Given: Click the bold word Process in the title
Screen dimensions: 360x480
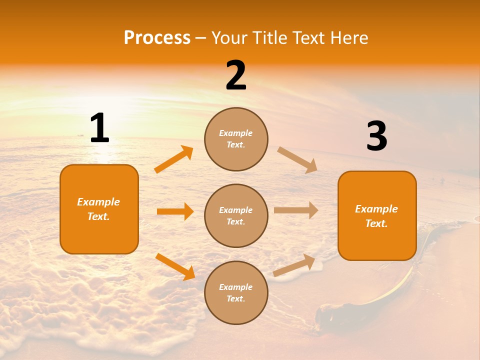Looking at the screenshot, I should (157, 38).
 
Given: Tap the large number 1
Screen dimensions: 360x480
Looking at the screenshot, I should (99, 128).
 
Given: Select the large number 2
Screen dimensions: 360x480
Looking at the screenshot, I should (236, 75).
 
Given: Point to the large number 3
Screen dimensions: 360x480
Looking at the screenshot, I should (376, 136).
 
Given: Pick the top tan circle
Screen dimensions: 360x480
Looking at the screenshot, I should (236, 139).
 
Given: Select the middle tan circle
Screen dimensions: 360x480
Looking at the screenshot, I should (236, 215).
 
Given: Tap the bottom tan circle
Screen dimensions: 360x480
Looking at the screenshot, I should (236, 292).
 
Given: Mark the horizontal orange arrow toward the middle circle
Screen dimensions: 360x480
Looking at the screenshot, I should (175, 211).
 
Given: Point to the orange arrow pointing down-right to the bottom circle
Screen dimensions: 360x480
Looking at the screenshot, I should (175, 266).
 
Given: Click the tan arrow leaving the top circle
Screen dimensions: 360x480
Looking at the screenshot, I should (297, 160).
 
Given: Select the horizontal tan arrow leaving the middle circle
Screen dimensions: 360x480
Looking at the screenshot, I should (296, 210).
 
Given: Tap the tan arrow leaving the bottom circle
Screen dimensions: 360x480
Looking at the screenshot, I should (294, 265).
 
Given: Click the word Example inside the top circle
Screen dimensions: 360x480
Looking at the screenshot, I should (236, 133).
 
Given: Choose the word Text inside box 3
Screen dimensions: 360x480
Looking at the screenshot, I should (376, 223).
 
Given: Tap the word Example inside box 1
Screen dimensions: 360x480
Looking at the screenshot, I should (98, 202).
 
